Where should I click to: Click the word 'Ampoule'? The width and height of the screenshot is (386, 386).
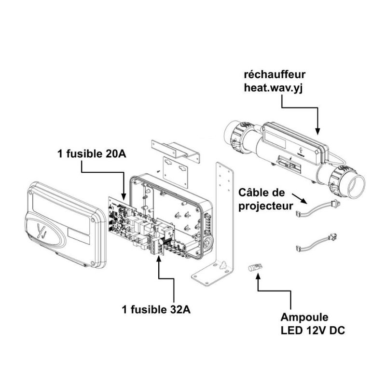pos(305,317)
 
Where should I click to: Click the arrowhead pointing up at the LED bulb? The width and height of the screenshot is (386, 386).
pos(259,276)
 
